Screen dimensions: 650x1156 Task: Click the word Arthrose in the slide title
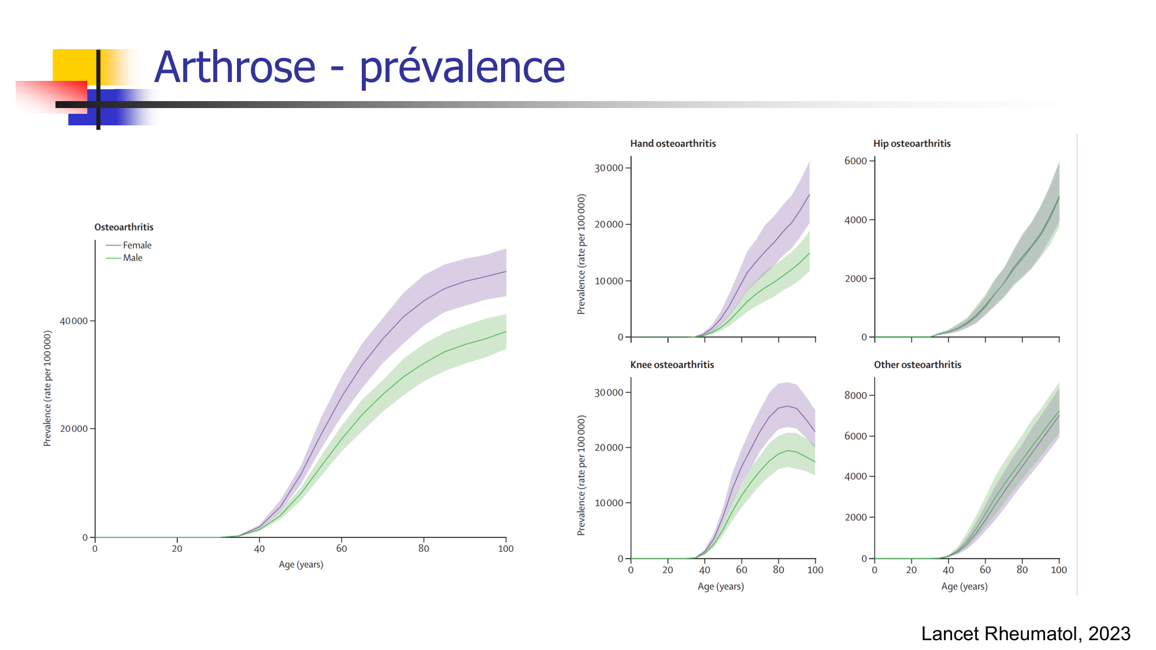235,68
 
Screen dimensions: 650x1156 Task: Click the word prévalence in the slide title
462,68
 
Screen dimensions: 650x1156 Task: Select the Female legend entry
137,246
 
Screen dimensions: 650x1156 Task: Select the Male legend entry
132,258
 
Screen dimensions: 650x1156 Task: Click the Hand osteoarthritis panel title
673,144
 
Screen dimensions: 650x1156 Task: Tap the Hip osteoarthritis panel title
912,144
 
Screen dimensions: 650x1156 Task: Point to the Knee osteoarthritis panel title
672,365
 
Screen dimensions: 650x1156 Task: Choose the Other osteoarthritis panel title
917,365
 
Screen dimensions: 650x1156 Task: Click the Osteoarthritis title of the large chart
124,228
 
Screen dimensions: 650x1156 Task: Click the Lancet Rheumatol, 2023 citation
1025,634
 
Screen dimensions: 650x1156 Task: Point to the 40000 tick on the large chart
74,321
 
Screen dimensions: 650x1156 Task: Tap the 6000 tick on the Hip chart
855,161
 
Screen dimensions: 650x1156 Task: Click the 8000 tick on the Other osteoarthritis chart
855,396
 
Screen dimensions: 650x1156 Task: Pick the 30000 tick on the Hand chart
609,168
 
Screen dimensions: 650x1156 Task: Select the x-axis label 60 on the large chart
342,549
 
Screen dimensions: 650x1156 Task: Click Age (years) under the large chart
301,564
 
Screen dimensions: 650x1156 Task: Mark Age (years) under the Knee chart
720,586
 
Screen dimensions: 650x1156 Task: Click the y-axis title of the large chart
47,388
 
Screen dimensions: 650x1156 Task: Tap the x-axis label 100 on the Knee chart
815,570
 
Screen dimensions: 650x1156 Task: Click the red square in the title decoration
52,96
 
